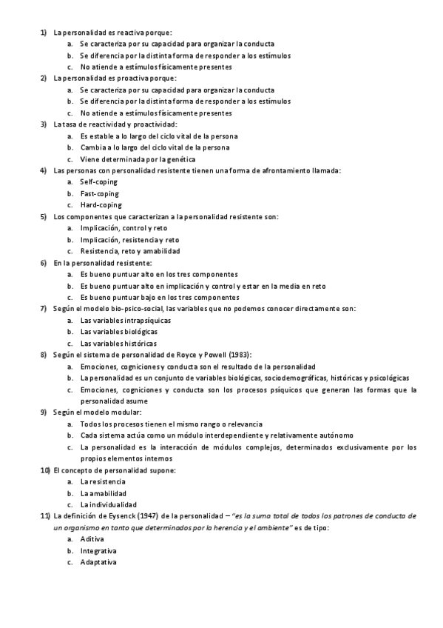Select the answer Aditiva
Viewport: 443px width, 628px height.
pos(92,539)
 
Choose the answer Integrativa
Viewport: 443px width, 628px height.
pos(98,551)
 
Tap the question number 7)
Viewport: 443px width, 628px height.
pos(44,309)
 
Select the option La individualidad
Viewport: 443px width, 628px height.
pos(109,504)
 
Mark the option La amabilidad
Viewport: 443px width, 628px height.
pos(104,493)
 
